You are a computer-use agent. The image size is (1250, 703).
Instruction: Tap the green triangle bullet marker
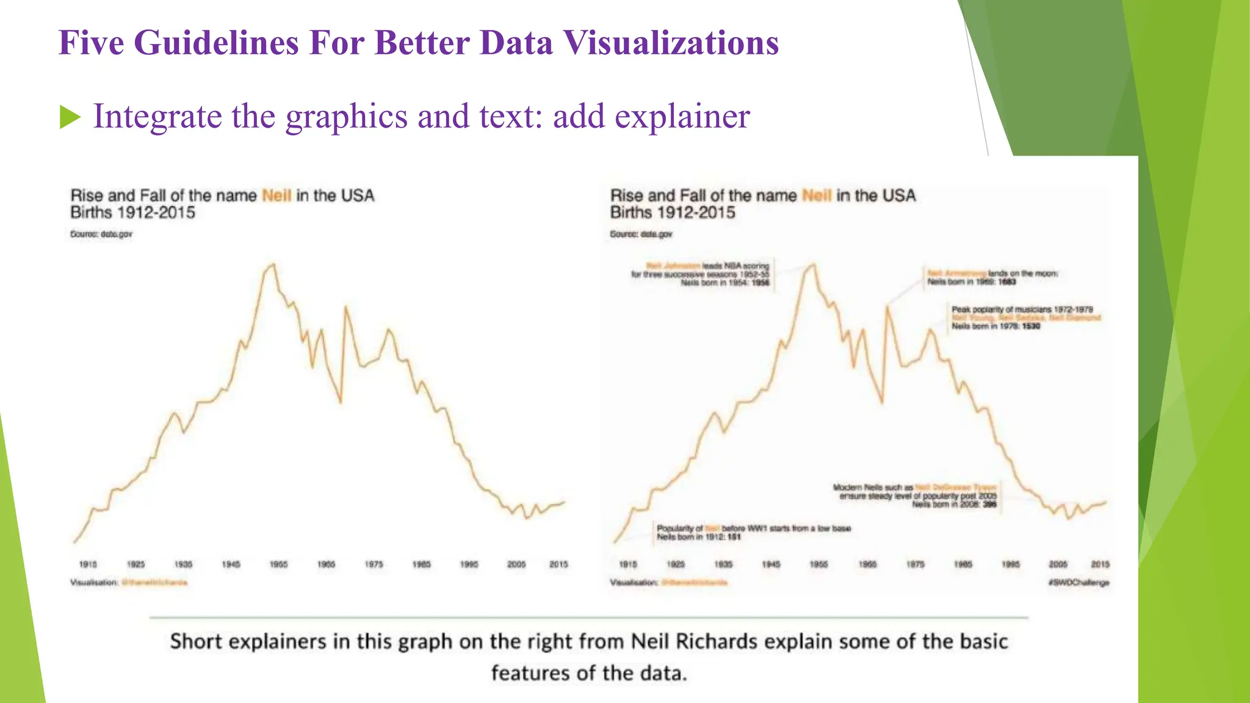70,117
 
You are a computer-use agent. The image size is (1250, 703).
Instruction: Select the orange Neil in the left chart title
276,195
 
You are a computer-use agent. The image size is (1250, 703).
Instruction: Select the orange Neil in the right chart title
817,195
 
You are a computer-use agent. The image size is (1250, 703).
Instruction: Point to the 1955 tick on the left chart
278,564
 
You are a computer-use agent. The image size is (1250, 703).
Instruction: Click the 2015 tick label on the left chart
558,564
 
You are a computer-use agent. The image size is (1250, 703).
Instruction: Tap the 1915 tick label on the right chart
628,564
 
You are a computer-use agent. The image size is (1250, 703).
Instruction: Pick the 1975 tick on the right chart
915,564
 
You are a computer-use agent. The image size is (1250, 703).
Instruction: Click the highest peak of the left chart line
273,264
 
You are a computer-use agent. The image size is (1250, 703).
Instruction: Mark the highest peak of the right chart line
813,264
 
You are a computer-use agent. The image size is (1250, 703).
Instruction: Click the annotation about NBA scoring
702,274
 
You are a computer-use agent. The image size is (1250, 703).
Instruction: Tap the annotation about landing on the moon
992,278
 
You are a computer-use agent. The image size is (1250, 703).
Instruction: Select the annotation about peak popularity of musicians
1025,318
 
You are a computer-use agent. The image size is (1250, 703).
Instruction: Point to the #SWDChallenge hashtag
1078,583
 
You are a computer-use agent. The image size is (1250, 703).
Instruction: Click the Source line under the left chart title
101,234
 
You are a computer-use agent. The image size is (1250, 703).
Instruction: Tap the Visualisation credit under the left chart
129,583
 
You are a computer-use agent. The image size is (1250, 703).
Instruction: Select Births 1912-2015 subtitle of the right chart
673,213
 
